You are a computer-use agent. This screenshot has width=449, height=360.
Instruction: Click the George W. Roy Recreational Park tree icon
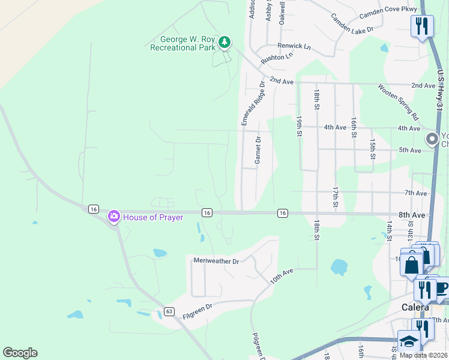click(x=224, y=42)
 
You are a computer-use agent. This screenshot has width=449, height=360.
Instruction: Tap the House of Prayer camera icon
click(x=113, y=217)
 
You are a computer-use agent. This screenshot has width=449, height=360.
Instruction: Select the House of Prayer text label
click(x=153, y=217)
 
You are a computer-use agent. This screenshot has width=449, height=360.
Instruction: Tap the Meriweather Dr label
click(x=216, y=261)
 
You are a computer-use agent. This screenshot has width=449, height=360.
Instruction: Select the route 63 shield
click(x=169, y=311)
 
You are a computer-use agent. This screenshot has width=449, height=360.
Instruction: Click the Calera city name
click(x=415, y=307)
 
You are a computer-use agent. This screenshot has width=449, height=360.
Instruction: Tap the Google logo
click(x=20, y=353)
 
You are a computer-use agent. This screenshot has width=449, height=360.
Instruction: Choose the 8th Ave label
click(x=411, y=214)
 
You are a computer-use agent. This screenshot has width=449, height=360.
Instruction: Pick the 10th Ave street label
click(x=281, y=275)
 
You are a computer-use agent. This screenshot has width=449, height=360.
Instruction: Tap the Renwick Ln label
click(x=294, y=46)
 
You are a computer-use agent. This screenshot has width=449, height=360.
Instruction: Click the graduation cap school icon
click(x=409, y=341)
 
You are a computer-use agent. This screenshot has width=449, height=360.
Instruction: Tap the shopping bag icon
click(x=412, y=265)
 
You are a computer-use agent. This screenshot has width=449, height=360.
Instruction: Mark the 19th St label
click(x=298, y=126)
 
